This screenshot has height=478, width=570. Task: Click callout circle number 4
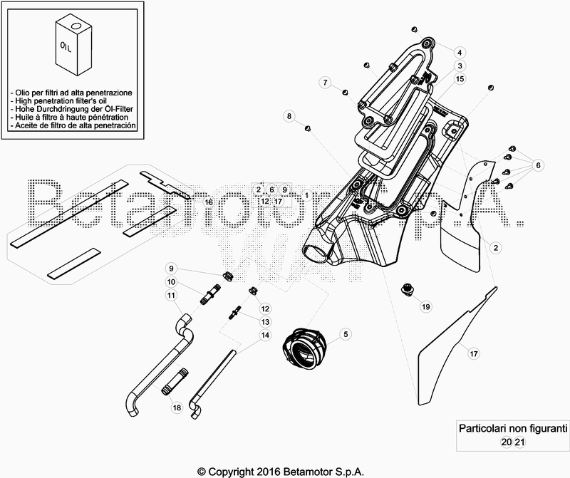[x=460, y=53]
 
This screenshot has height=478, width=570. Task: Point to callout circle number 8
[x=289, y=115]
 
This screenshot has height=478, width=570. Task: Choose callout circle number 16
[x=209, y=202]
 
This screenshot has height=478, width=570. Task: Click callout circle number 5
[x=345, y=334]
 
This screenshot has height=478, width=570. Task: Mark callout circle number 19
[x=426, y=307]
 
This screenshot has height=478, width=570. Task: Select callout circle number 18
[x=176, y=407]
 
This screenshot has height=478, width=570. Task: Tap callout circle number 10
[x=171, y=282]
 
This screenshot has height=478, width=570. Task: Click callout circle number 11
[x=171, y=295]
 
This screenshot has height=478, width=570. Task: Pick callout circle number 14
[x=265, y=335]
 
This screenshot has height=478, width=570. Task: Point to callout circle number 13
[x=265, y=322]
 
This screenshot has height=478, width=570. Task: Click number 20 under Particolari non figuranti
[x=505, y=442]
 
